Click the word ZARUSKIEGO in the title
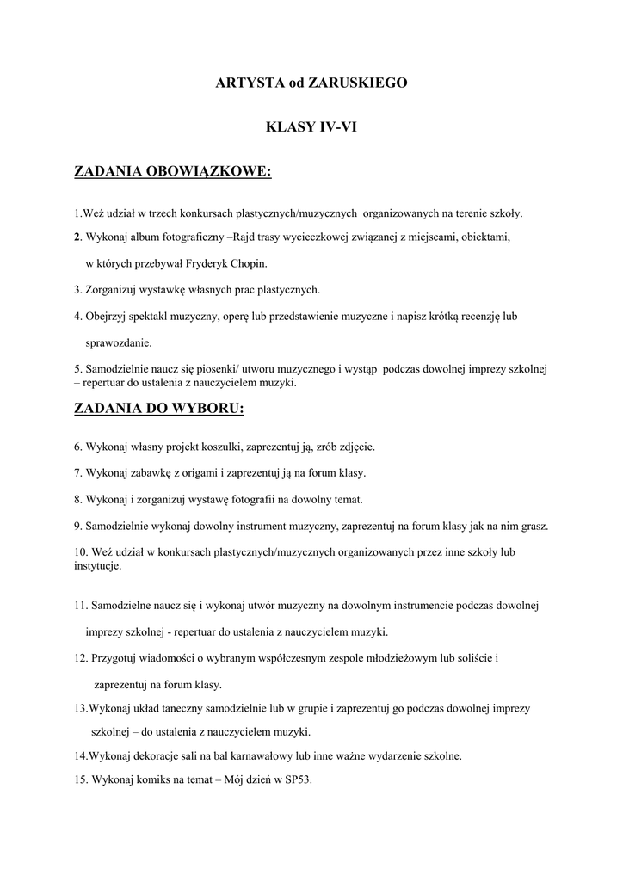(x=357, y=83)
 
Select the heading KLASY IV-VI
(x=311, y=127)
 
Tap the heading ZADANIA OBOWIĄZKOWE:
(x=173, y=172)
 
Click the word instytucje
(x=97, y=566)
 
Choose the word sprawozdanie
(x=118, y=342)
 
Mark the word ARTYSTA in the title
(x=249, y=83)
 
